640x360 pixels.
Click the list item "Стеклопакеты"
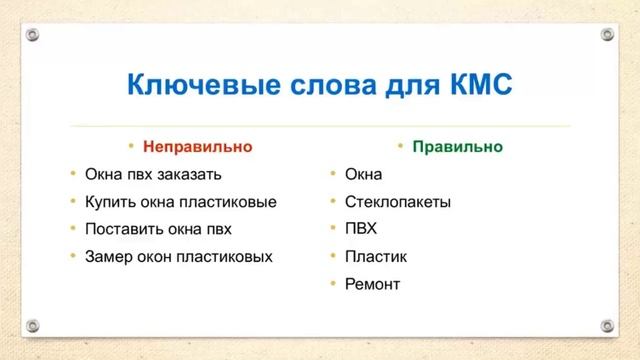click(397, 201)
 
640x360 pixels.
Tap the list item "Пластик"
click(375, 256)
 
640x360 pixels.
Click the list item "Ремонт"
click(372, 284)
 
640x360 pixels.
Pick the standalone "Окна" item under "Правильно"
click(363, 174)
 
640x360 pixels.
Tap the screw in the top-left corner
click(33, 34)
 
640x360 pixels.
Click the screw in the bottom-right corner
click(607, 326)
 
